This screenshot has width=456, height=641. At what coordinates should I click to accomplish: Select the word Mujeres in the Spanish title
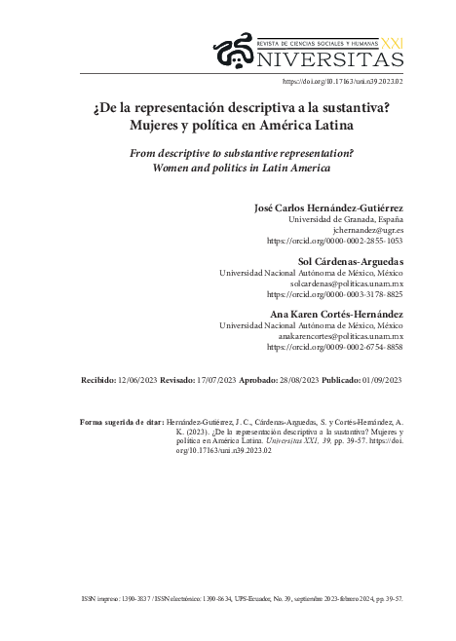point(160,126)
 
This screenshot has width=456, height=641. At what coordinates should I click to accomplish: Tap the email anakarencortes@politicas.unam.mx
point(334,334)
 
